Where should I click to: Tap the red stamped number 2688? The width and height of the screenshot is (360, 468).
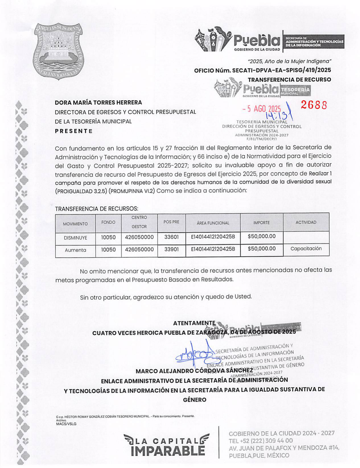pos(314,105)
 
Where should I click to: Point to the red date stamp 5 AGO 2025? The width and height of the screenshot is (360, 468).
pos(261,109)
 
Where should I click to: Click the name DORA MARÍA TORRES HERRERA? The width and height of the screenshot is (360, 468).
pos(98,102)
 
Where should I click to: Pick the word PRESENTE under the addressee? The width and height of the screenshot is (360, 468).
pos(74,131)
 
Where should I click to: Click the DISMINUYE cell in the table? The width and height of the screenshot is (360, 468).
pos(75,238)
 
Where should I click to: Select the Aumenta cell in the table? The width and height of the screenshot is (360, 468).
pos(75,250)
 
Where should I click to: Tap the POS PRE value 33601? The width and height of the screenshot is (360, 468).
pos(171,237)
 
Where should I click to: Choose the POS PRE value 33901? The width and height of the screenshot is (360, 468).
pos(171,249)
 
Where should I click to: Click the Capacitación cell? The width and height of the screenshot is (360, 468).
pos(306,248)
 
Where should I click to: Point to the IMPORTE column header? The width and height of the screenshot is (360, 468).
pos(261,222)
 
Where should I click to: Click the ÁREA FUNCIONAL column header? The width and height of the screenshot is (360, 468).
pos(213,223)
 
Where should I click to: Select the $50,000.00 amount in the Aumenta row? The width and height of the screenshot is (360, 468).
pos(261,249)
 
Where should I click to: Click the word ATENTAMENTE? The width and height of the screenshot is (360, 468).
pos(194,323)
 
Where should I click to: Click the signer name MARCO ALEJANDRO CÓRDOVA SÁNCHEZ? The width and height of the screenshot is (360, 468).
pos(194,371)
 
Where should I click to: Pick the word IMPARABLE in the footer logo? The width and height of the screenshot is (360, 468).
pos(168,451)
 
